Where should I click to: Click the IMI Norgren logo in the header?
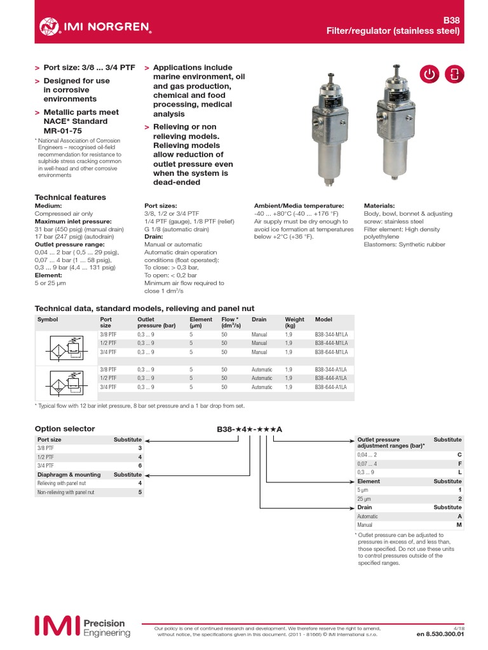[x=95, y=26]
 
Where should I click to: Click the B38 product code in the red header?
[x=451, y=20]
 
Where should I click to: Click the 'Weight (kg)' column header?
[x=295, y=322]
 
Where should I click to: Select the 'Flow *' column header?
[x=231, y=322]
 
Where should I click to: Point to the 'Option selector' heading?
[x=64, y=428]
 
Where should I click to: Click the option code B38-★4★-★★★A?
[x=249, y=430]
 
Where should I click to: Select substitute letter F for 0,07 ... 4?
[x=459, y=464]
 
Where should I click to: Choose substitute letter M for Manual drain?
[x=459, y=525]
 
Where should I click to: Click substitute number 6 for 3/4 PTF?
[x=140, y=465]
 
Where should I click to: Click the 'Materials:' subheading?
[x=379, y=206]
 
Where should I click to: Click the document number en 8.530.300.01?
[x=440, y=633]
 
